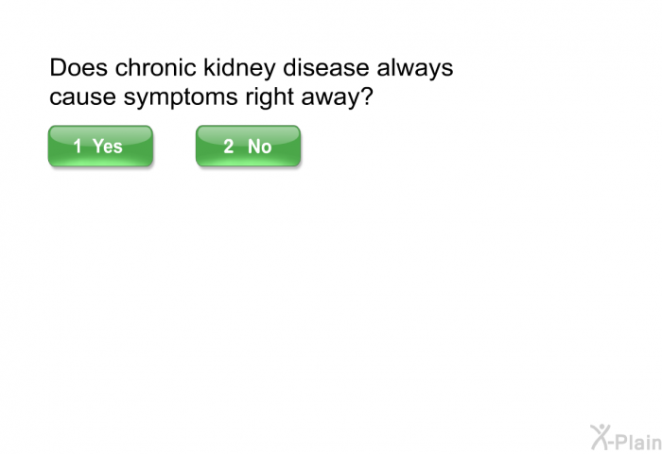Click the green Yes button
click(x=100, y=146)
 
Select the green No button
click(x=248, y=146)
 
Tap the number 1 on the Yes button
click(x=78, y=146)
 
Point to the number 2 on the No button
click(x=229, y=146)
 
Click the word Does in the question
click(x=78, y=67)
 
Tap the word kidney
click(x=239, y=69)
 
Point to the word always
click(x=414, y=69)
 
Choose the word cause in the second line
click(x=83, y=97)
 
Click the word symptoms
click(x=181, y=98)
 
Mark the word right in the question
click(x=270, y=98)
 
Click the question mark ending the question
click(x=367, y=96)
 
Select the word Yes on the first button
click(x=108, y=146)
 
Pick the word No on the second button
click(x=260, y=146)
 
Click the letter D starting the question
click(x=58, y=67)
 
